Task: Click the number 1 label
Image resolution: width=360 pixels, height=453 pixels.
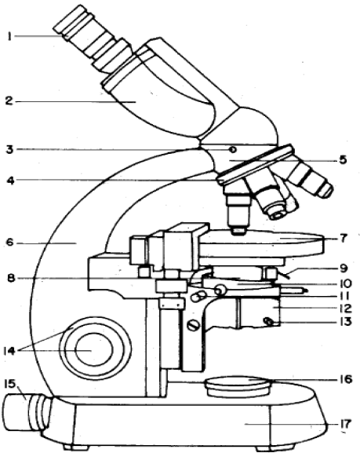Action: [9, 37]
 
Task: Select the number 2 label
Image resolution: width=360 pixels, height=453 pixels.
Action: [9, 101]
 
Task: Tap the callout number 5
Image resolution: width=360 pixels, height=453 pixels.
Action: [343, 159]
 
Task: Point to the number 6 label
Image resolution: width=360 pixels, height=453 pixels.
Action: [10, 243]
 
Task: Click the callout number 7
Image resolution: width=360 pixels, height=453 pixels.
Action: [343, 239]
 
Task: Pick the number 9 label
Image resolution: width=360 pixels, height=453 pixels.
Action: [344, 269]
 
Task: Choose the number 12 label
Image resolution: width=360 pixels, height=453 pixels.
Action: [345, 309]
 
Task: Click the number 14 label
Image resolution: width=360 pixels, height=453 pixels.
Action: [9, 351]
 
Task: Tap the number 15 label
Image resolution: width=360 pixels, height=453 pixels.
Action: [11, 384]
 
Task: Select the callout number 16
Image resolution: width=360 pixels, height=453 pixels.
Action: [345, 379]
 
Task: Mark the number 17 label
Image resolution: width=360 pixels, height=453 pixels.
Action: [345, 424]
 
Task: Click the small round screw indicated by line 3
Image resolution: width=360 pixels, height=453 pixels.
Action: [233, 150]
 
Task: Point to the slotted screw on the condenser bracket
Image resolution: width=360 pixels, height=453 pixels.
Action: [194, 326]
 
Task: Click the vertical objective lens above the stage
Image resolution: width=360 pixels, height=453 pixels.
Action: [238, 214]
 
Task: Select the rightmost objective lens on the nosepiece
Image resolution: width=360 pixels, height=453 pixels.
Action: [311, 179]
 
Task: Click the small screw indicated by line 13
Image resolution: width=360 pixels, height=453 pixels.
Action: [269, 321]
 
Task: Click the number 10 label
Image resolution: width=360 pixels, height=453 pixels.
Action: [345, 283]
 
